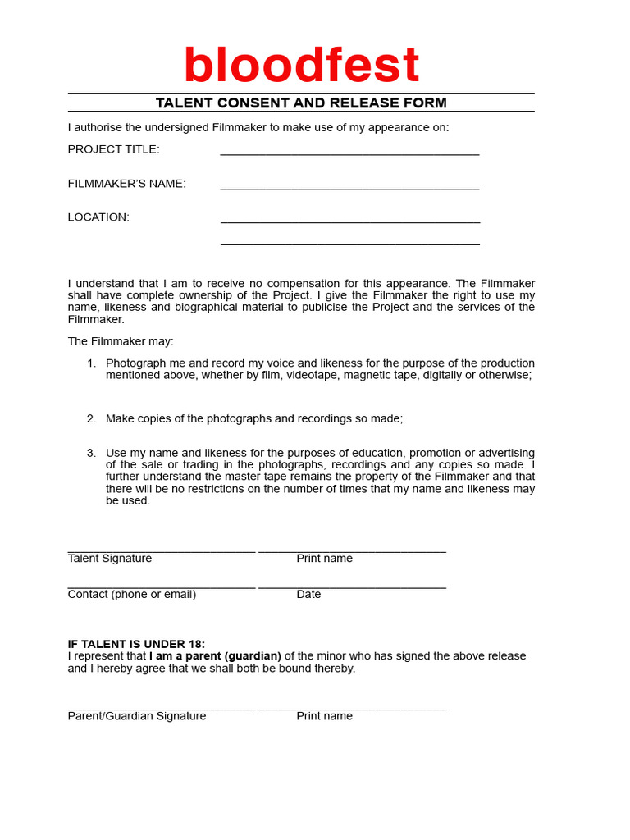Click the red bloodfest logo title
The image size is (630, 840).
[x=301, y=66]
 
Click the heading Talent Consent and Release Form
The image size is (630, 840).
[x=301, y=103]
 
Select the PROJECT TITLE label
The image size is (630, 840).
[x=113, y=149]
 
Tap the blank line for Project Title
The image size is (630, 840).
[x=349, y=152]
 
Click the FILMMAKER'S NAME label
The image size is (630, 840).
[x=126, y=184]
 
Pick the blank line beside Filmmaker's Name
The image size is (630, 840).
[x=349, y=186]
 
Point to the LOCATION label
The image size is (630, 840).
[x=98, y=217]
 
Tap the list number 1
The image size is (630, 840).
[x=91, y=363]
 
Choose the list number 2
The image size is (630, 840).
[x=91, y=418]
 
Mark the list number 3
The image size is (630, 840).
[x=91, y=453]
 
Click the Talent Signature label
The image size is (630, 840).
[x=110, y=559]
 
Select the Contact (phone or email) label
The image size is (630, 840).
[x=131, y=595]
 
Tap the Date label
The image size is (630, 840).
[x=308, y=595]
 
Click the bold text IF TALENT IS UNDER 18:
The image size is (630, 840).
[x=136, y=644]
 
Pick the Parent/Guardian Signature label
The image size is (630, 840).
[x=137, y=716]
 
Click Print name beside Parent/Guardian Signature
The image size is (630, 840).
[x=324, y=716]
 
